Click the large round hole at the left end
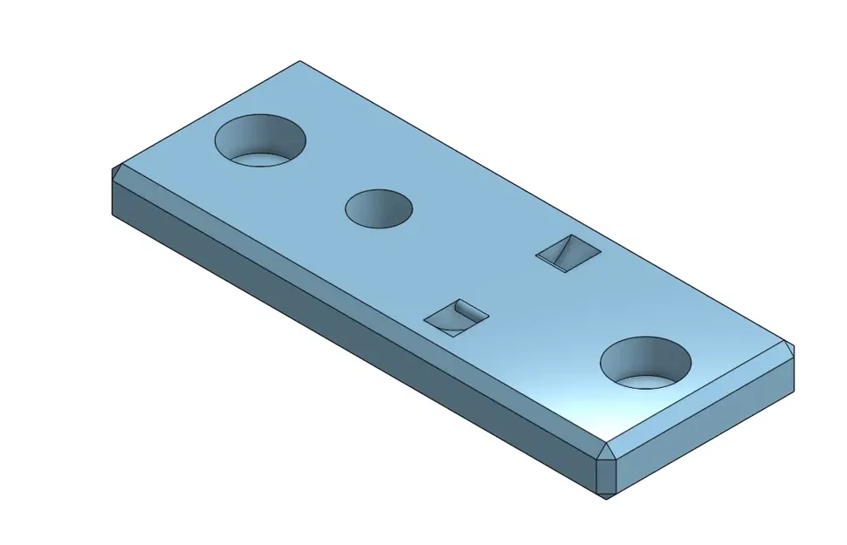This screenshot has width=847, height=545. (260, 140)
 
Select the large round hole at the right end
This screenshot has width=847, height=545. (646, 362)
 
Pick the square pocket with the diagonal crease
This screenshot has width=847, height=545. (568, 252)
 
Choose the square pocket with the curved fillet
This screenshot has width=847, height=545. (456, 317)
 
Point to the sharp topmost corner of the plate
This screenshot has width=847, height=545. (300, 62)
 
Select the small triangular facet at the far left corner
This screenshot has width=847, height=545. (117, 172)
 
